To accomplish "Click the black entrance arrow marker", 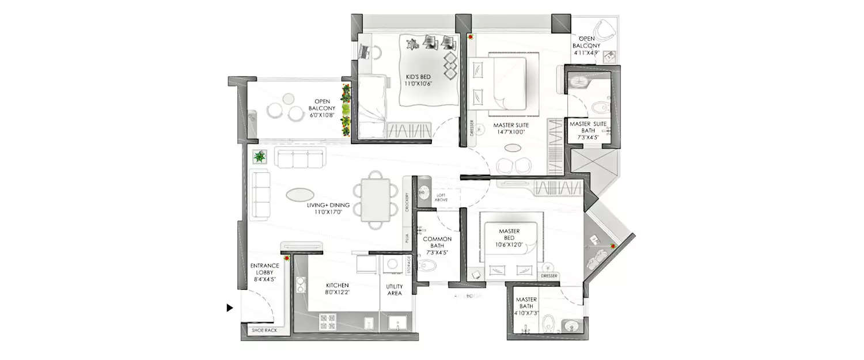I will (x=230, y=308).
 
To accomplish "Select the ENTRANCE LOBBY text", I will (x=264, y=272).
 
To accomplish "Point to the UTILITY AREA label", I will (x=395, y=290).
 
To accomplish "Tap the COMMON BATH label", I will (x=437, y=245).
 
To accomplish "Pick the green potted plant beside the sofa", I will (x=260, y=156).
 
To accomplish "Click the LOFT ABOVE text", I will (x=441, y=198).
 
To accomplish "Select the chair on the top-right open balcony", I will (x=604, y=29).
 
